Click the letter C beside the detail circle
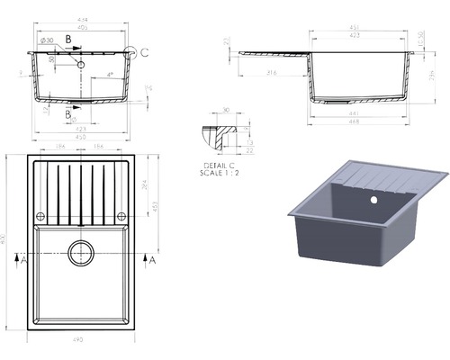coord(146,53)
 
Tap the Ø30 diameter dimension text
coord(48,40)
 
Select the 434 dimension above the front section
coord(81,18)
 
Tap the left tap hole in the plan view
coord(40,216)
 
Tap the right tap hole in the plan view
coord(121,216)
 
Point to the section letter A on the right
coord(152,260)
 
